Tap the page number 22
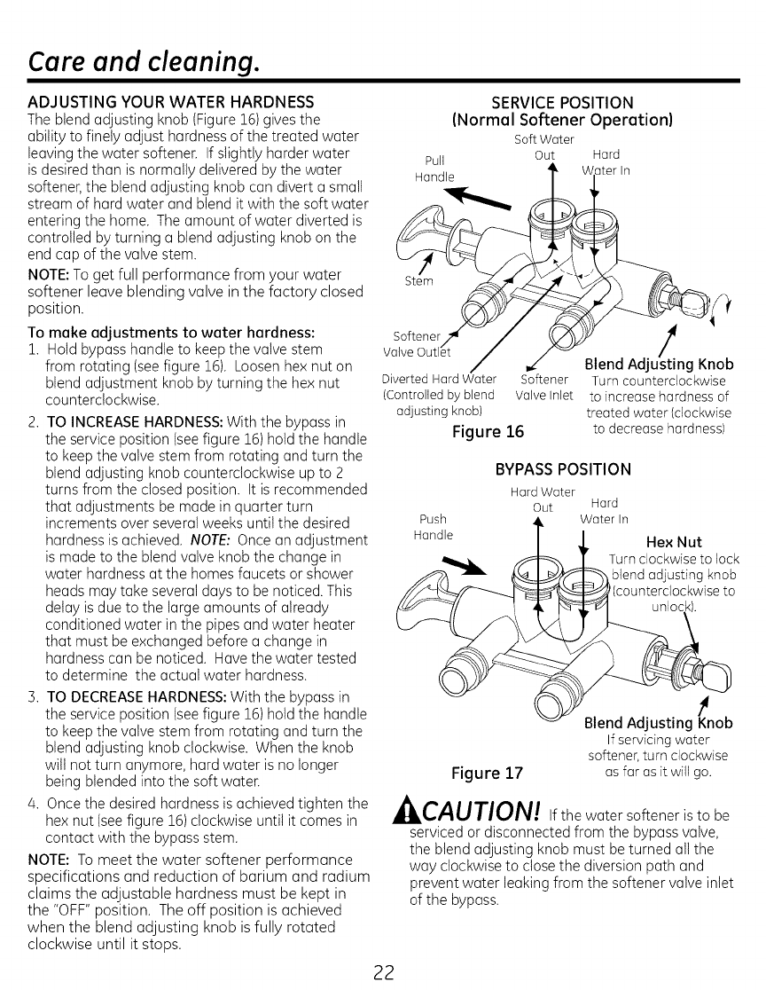click(383, 969)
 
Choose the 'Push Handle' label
click(434, 527)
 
